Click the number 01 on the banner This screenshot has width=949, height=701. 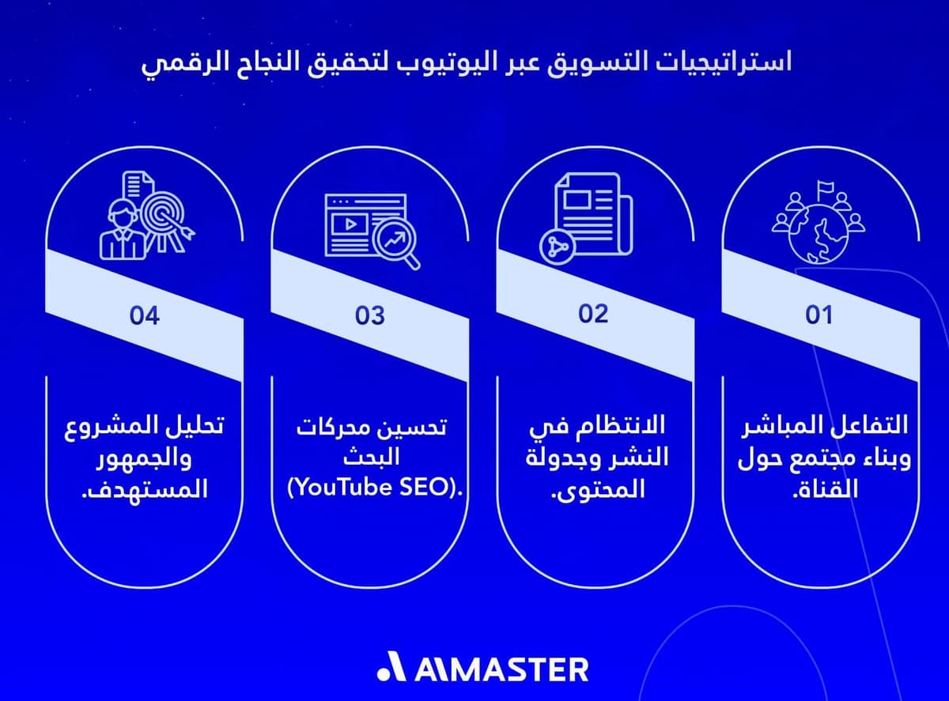coord(819,316)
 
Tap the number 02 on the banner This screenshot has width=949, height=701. coord(593,314)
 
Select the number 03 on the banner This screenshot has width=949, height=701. coord(369,316)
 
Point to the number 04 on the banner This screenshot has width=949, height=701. coord(145,316)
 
